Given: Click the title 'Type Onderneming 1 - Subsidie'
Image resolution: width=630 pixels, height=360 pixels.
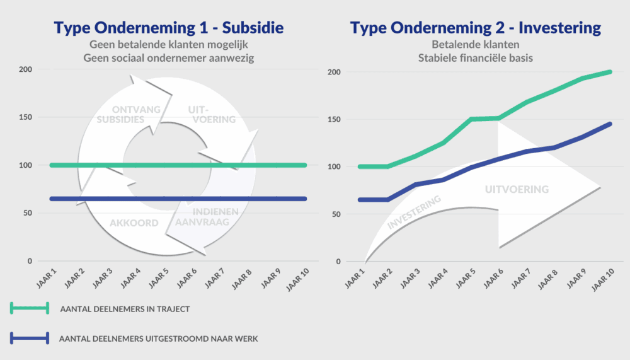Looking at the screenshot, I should (169, 28).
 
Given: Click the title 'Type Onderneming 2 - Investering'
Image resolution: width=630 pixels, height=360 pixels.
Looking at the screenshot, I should (476, 28).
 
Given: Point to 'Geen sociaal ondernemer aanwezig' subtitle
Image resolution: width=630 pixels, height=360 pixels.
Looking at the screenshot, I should (169, 59).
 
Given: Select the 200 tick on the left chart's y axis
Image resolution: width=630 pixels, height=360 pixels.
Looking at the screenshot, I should (26, 69).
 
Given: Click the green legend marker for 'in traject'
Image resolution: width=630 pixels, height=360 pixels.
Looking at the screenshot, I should (30, 308).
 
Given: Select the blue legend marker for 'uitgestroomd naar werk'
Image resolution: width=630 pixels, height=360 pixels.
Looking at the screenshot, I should (30, 339).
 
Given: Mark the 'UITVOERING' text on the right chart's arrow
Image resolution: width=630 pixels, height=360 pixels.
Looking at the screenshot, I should (517, 189).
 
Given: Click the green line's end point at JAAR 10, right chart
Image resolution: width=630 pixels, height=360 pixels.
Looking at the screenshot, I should (610, 72).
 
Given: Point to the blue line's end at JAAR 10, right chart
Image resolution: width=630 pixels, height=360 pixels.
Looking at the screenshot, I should (610, 124).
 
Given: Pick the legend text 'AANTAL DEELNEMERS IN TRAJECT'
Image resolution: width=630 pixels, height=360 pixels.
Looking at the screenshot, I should (124, 309).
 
